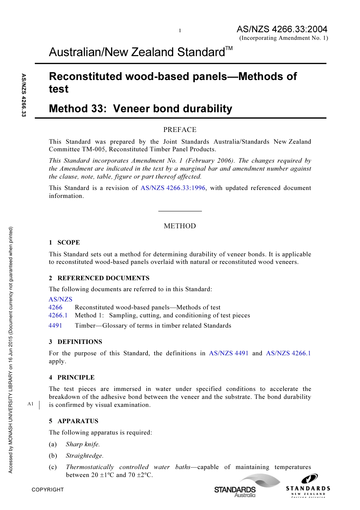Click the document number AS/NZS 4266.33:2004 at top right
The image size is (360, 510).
[282, 29]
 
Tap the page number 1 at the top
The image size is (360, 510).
[180, 31]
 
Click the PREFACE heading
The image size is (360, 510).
[180, 130]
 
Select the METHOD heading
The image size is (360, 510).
[180, 226]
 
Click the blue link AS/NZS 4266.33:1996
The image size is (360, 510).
[173, 188]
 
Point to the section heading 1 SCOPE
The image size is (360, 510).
[64, 243]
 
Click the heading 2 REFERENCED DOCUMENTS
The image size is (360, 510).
[99, 278]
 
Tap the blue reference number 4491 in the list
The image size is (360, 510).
[55, 326]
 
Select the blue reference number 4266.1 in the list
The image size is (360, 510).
[58, 315]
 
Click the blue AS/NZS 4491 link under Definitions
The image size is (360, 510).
[229, 353]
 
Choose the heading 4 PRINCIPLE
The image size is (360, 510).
[72, 378]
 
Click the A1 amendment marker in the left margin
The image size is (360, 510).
[31, 404]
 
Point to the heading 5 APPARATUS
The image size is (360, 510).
[74, 421]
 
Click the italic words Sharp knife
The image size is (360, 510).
[83, 444]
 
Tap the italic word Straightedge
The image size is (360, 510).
[85, 456]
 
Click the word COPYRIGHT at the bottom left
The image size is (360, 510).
[48, 490]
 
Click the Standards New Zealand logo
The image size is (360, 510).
[308, 486]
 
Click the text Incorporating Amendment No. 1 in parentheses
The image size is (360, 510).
[283, 38]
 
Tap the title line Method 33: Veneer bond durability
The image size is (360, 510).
[141, 109]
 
